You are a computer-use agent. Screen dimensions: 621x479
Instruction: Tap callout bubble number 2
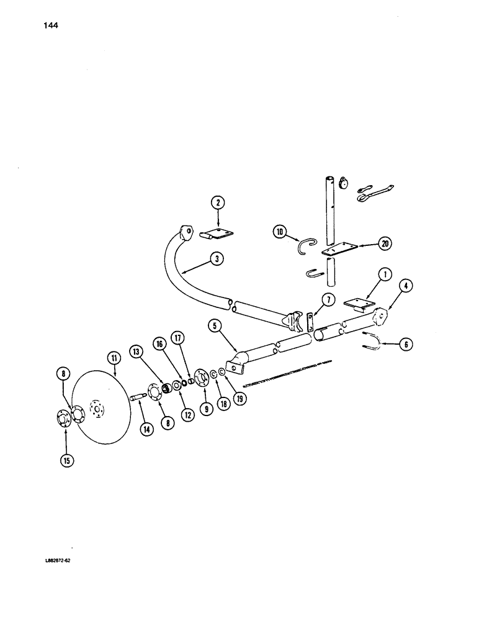coord(217,202)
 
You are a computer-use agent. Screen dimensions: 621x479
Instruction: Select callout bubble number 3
coord(215,260)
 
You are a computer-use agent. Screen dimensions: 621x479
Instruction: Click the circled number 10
coord(280,232)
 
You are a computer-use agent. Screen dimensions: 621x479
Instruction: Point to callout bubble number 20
coord(384,243)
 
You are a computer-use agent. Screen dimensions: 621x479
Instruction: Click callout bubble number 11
coord(114,357)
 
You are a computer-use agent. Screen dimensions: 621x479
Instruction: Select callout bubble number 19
coord(239,397)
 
